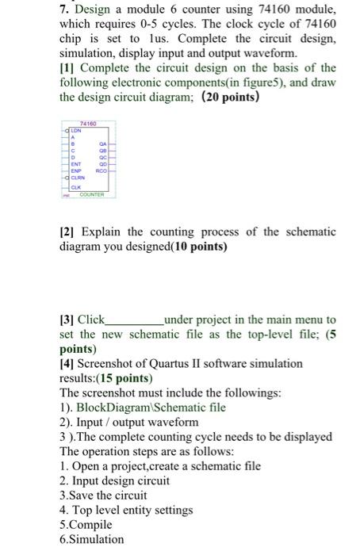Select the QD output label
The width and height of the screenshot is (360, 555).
102,162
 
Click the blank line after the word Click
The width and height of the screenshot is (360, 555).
134,320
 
